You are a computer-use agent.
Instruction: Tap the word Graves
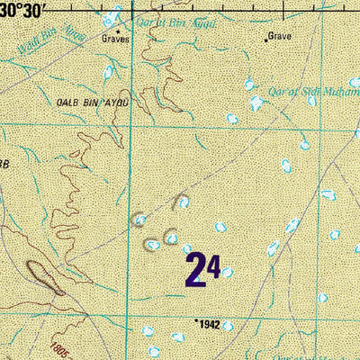point(115,40)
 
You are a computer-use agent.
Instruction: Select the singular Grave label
point(280,36)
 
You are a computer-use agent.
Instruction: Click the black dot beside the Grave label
point(266,40)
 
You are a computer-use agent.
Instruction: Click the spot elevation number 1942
point(209,323)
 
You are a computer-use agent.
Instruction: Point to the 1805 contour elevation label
point(59,347)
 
